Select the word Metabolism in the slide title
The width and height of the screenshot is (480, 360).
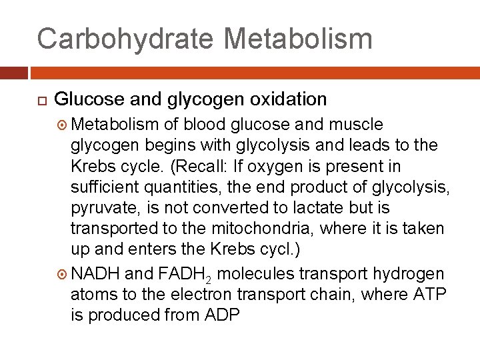(x=299, y=38)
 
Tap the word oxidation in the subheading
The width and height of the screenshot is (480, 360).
(x=288, y=100)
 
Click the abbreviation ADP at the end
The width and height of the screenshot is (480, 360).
(x=221, y=315)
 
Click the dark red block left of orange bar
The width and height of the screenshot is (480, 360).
(x=13, y=73)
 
